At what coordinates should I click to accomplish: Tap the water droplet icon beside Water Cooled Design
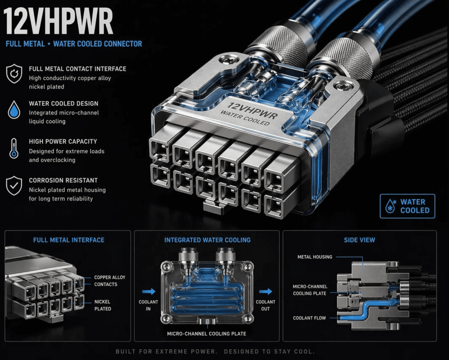pos(14,110)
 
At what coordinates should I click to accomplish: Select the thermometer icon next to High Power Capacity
pos(14,148)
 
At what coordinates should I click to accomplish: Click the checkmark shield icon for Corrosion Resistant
pos(14,185)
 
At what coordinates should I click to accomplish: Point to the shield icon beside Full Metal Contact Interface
pos(14,74)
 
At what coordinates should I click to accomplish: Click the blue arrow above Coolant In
pos(149,291)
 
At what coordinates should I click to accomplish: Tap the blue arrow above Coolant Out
pos(266,291)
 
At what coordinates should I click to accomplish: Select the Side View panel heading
pos(359,240)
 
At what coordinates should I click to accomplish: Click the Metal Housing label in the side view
pos(315,257)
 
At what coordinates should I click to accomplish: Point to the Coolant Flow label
pos(309,318)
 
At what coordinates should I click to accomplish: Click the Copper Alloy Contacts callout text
pos(110,281)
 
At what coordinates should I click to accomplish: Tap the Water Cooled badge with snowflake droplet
pos(408,206)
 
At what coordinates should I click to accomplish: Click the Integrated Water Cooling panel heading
pos(207,240)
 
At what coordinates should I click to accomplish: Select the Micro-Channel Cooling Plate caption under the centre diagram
pos(207,333)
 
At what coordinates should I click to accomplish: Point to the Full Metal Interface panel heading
pos(69,240)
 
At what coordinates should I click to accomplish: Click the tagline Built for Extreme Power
pos(166,351)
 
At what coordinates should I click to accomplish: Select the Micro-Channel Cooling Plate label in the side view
pos(310,290)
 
